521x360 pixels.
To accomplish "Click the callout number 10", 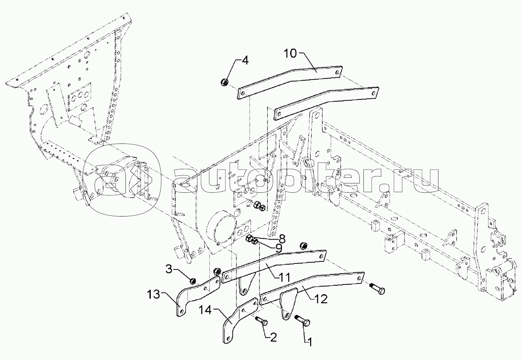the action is [x=290, y=54].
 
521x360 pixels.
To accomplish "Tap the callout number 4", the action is [x=245, y=61].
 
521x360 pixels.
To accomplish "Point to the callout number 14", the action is [x=205, y=310].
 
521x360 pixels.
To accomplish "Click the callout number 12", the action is [x=321, y=299].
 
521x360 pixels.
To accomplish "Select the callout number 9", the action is [x=279, y=248].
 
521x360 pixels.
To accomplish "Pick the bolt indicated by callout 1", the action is [x=302, y=320].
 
